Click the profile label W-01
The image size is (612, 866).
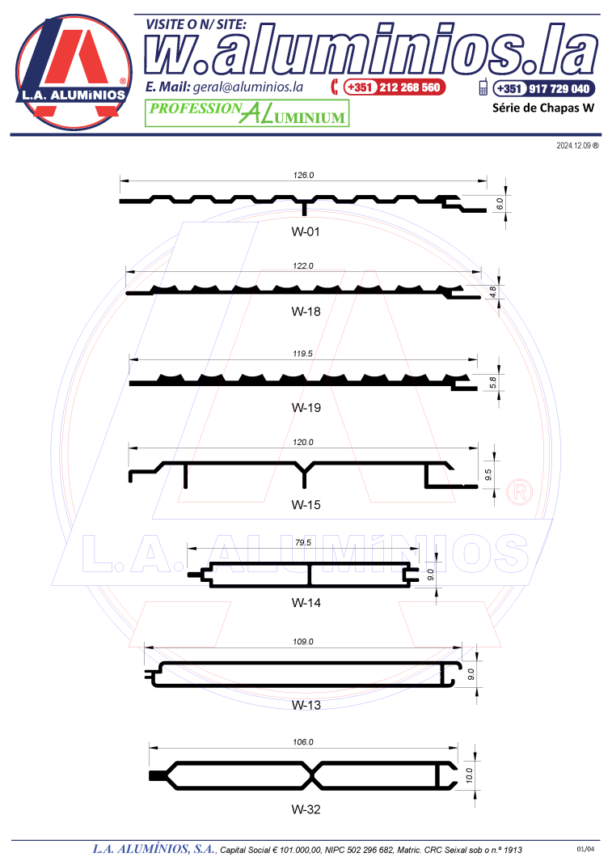tap(305, 232)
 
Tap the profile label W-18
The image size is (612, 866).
tap(306, 312)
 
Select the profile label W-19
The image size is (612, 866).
tap(306, 408)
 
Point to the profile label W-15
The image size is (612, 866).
tap(306, 505)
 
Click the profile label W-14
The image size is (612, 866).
tap(306, 602)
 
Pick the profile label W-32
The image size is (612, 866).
tap(306, 809)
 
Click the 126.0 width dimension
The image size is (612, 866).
tap(303, 175)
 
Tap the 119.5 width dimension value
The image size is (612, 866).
tap(303, 354)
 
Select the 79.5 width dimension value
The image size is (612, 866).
tap(303, 542)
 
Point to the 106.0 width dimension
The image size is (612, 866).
tap(303, 741)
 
